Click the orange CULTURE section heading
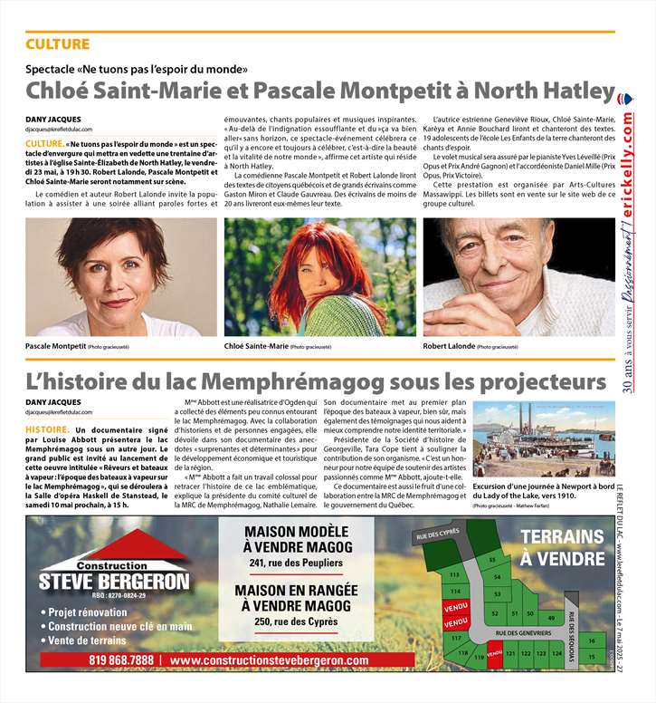click(x=57, y=44)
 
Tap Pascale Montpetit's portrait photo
click(x=120, y=276)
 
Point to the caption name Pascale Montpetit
click(x=55, y=346)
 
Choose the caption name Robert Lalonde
click(x=448, y=346)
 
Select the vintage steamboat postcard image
click(x=543, y=440)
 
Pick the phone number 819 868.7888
click(x=121, y=660)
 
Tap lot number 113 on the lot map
click(x=454, y=575)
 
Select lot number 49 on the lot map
click(x=550, y=616)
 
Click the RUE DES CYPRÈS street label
click(x=437, y=535)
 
